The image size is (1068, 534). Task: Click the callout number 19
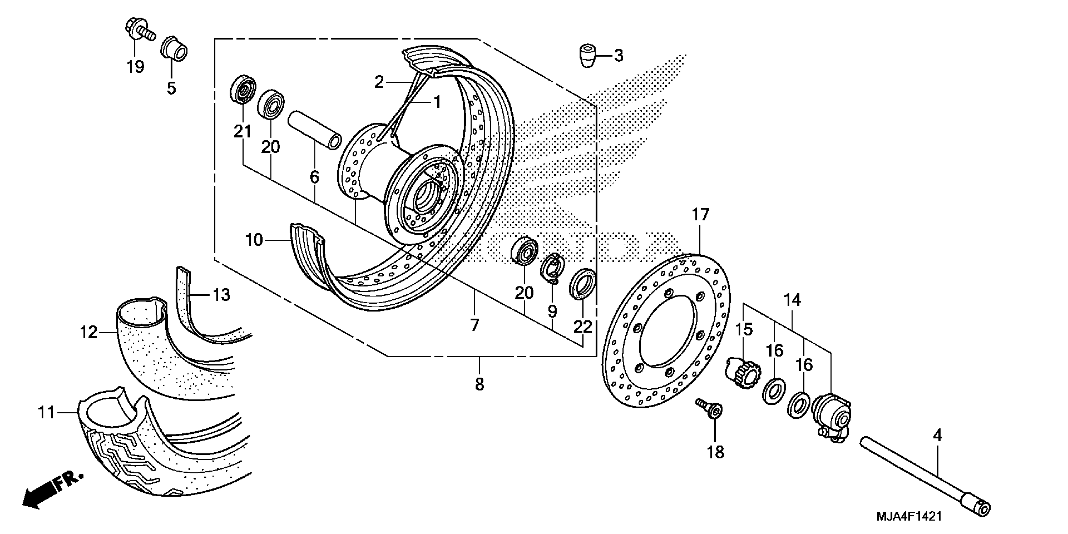135,66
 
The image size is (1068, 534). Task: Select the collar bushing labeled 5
174,49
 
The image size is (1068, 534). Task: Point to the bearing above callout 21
242,90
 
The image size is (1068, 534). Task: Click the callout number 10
254,240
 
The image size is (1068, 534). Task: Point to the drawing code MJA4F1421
909,516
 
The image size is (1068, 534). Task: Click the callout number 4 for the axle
937,435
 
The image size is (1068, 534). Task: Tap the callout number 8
479,384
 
